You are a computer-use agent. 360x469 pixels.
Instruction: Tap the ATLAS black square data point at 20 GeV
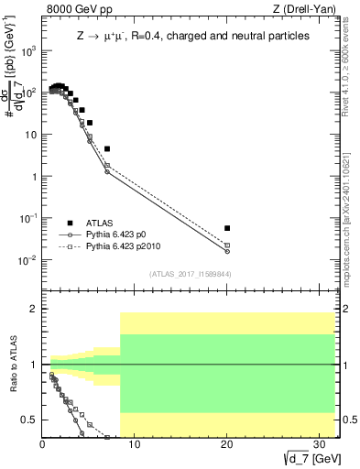click(227, 228)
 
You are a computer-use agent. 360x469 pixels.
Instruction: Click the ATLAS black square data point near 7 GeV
click(107, 148)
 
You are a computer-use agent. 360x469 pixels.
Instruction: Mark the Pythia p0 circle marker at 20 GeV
click(227, 251)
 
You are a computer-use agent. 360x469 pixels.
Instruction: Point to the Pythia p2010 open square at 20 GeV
click(227, 245)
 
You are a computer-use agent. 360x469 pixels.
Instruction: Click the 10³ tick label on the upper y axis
click(29, 50)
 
